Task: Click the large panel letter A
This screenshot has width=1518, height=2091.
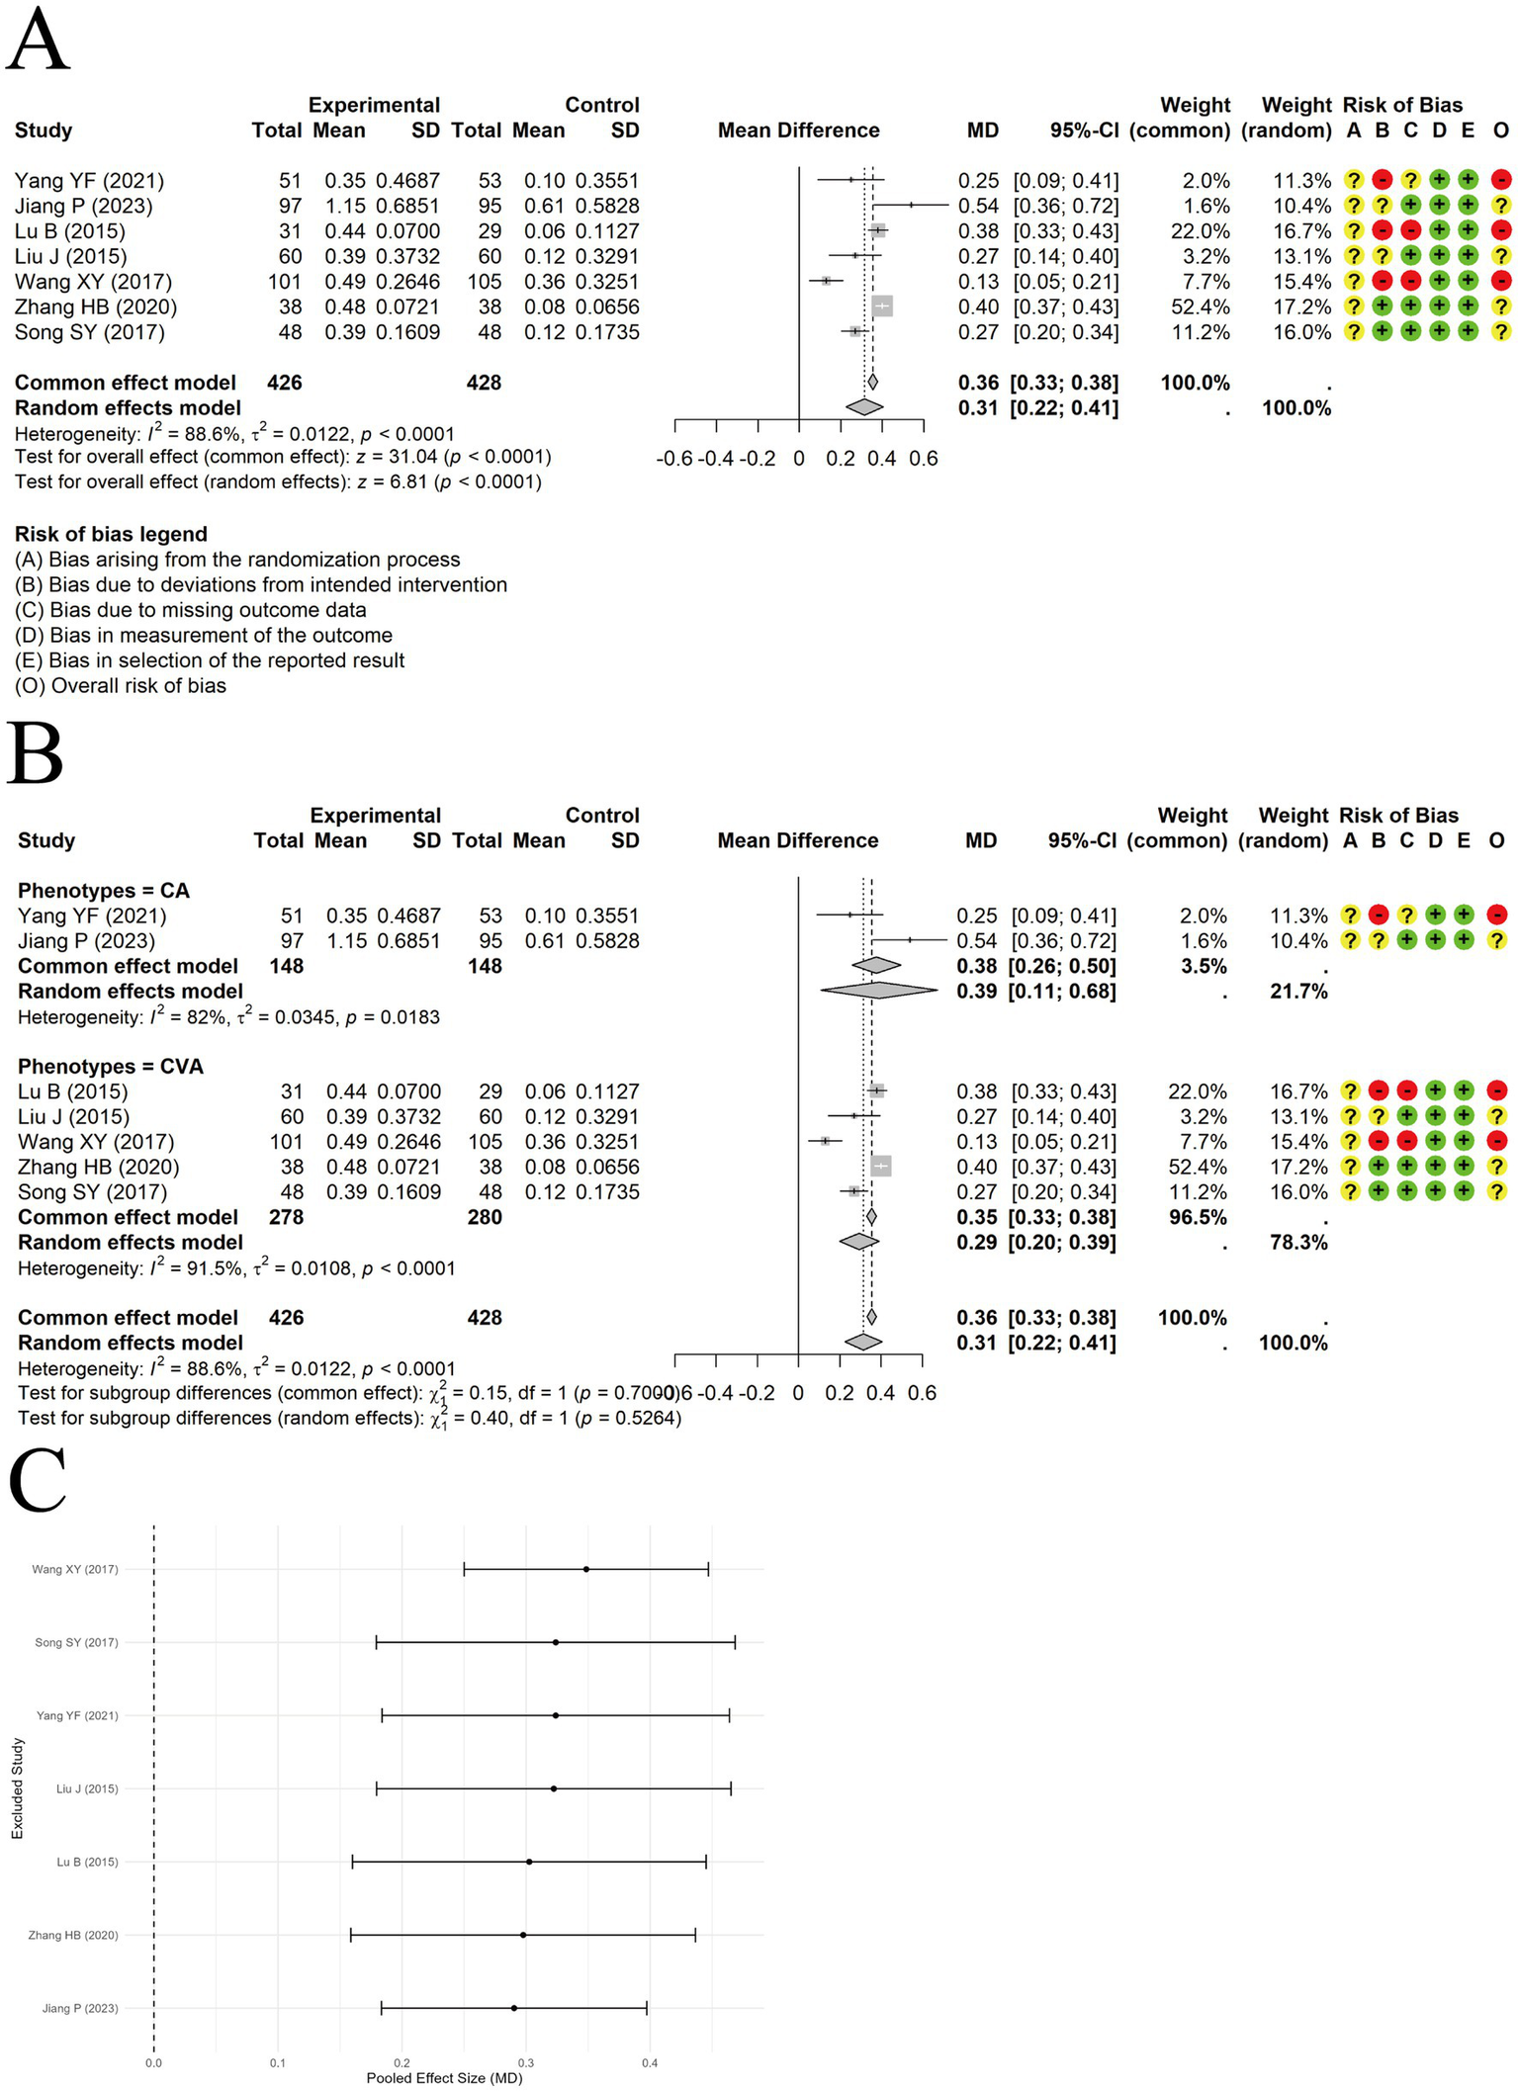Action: coord(38,42)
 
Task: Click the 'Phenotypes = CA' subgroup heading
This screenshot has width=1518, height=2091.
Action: coord(104,890)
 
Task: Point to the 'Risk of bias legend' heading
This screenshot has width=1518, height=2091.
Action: coord(111,534)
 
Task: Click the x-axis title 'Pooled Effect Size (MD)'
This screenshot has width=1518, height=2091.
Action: coord(444,2077)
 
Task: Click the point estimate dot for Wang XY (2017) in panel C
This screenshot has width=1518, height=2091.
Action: coord(586,1569)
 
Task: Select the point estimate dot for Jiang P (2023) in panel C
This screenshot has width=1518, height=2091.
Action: coord(514,2008)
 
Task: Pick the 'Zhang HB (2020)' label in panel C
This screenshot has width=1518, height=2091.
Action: coord(73,1935)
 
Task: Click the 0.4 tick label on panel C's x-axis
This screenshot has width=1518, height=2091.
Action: coord(650,2063)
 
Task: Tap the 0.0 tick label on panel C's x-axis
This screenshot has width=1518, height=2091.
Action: coord(153,2063)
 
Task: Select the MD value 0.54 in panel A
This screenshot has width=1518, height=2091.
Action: coord(978,206)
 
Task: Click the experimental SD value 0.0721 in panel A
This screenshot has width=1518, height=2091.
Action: coord(407,306)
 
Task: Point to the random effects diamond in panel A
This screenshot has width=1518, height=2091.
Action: coord(864,406)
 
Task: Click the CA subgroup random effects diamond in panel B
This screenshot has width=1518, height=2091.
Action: coord(878,991)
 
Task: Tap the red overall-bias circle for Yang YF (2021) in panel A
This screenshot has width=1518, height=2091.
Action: coord(1500,181)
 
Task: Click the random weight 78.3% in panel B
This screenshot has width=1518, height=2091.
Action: coord(1298,1242)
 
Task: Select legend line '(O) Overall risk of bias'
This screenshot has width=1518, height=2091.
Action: coord(121,685)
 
